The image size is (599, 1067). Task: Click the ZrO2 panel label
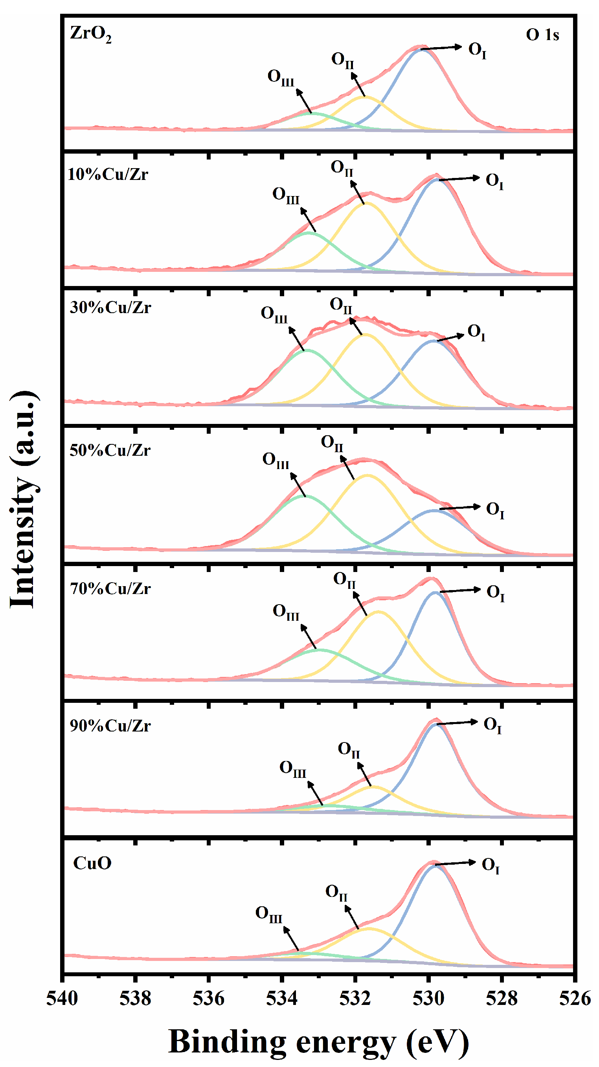90,33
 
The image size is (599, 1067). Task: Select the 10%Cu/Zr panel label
108,174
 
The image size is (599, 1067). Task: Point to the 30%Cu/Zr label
110,307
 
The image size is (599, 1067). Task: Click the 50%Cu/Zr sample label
110,450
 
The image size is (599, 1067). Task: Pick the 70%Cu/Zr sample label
110,588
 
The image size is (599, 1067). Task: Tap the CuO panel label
92,863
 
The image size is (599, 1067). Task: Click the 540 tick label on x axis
62,998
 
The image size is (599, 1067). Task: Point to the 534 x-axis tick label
282,998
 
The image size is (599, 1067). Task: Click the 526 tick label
575,998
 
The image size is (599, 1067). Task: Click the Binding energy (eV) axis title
318,1041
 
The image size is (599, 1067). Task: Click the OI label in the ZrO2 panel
477,50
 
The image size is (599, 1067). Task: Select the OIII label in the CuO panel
268,914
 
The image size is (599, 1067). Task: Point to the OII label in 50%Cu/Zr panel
332,443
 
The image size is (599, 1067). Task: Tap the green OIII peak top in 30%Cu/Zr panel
307,350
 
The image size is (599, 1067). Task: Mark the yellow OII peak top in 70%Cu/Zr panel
378,612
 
